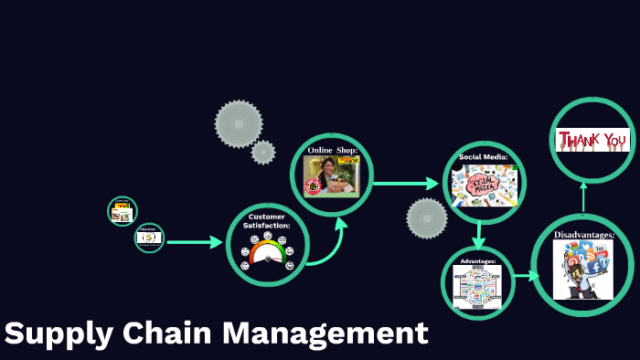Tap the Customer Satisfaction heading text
pyautogui.click(x=267, y=220)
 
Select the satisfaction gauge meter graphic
pyautogui.click(x=267, y=251)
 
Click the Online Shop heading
pyautogui.click(x=332, y=150)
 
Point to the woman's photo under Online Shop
pyautogui.click(x=332, y=175)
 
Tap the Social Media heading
pyautogui.click(x=483, y=156)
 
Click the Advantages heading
pyautogui.click(x=477, y=261)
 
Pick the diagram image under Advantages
pyautogui.click(x=477, y=286)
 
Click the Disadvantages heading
pyautogui.click(x=583, y=235)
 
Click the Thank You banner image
pyautogui.click(x=593, y=140)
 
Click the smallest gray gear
pyautogui.click(x=263, y=152)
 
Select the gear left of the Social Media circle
pyautogui.click(x=427, y=218)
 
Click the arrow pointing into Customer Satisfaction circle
pyautogui.click(x=195, y=242)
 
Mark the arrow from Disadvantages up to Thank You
pyautogui.click(x=582, y=196)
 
